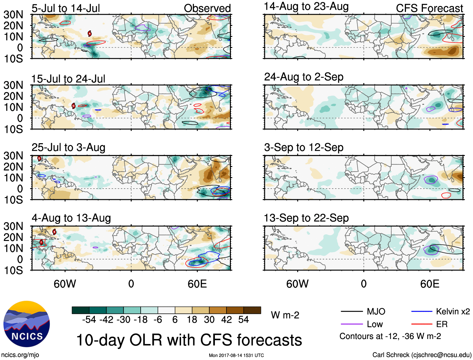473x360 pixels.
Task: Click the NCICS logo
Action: (x=27, y=324)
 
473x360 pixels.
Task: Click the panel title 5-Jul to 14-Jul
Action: (x=65, y=8)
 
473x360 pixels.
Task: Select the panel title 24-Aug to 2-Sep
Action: (x=304, y=77)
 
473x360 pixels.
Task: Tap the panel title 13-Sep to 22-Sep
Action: (x=306, y=218)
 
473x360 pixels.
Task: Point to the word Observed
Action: (x=207, y=8)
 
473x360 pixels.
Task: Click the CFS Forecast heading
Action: (x=429, y=8)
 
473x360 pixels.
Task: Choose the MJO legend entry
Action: (x=376, y=311)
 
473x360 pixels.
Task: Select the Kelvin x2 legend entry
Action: (x=453, y=311)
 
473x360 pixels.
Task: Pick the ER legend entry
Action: (x=442, y=324)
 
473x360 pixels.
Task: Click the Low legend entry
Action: (x=375, y=324)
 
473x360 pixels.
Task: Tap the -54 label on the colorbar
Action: (x=89, y=320)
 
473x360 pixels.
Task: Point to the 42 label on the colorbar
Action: (x=226, y=320)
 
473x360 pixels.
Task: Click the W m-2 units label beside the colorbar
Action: (x=285, y=315)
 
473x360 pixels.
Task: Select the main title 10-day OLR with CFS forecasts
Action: (x=189, y=340)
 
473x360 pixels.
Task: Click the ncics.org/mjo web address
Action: (x=20, y=355)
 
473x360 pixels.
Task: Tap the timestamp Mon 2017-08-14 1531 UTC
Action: (x=236, y=355)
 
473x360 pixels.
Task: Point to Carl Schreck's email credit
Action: (x=422, y=355)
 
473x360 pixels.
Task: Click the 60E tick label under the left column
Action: (x=197, y=284)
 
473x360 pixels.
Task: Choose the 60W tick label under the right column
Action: (x=297, y=284)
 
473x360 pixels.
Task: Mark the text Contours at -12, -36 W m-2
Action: (x=390, y=336)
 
